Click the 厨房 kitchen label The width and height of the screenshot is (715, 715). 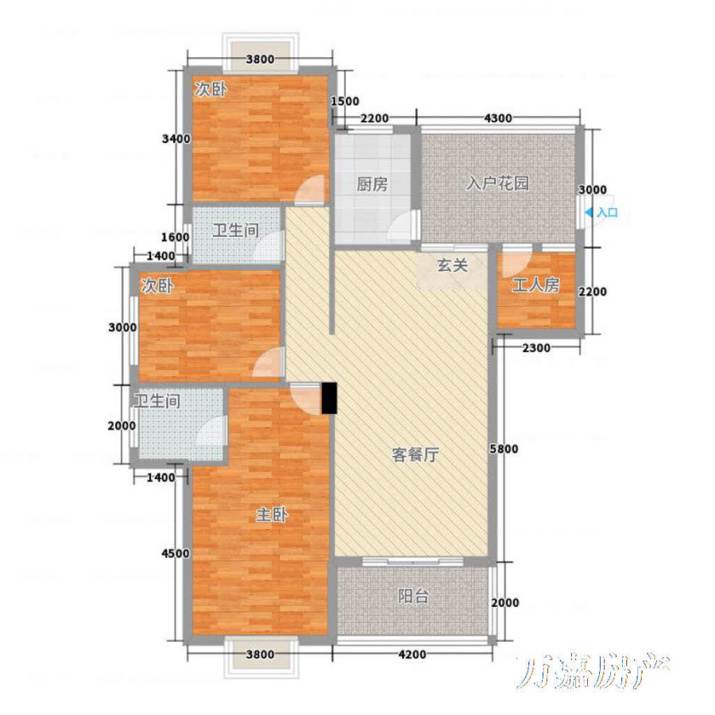click(x=372, y=184)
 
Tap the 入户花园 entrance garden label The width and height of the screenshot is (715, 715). click(x=497, y=184)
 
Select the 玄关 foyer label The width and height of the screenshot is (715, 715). click(x=452, y=265)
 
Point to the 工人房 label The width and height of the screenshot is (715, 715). click(x=535, y=285)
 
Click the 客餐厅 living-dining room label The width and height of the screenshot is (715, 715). click(x=415, y=454)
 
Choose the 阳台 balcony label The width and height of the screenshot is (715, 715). click(x=413, y=596)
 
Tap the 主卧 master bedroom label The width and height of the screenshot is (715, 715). click(x=272, y=515)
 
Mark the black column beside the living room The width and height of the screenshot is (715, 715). click(x=329, y=398)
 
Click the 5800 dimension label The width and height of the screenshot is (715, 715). click(x=504, y=449)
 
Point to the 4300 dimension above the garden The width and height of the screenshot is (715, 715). click(x=497, y=118)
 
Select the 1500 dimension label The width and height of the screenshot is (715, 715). click(x=345, y=101)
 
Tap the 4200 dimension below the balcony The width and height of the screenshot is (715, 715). click(x=412, y=655)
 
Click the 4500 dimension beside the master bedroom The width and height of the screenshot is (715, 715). click(x=176, y=554)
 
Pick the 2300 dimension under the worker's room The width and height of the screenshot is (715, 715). click(x=536, y=349)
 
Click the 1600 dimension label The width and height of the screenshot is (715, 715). click(x=176, y=237)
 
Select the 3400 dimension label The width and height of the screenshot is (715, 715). click(x=176, y=138)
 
